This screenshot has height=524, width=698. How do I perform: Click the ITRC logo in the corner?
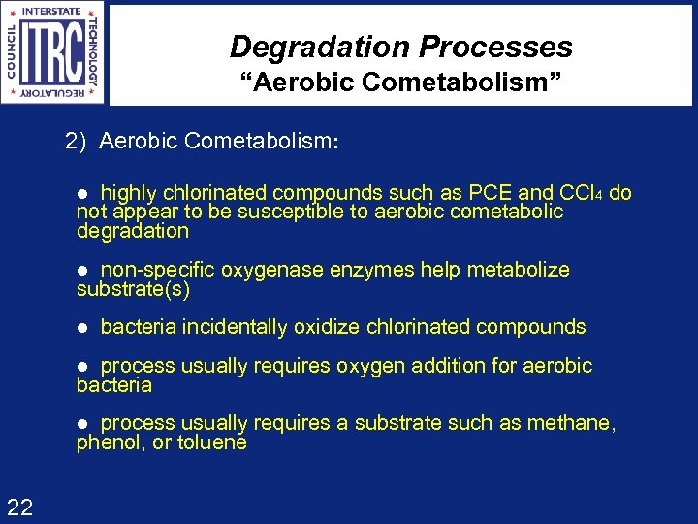pos(53,52)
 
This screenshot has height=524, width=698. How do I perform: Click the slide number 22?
pos(20,506)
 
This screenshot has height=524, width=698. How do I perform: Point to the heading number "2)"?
pos(77,141)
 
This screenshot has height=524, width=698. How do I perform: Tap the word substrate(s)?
pos(134,289)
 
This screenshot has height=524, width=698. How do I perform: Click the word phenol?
pos(106,443)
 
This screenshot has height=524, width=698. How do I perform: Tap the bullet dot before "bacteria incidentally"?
pos(83,328)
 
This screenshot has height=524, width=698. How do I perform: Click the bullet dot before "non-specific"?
pos(83,271)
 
